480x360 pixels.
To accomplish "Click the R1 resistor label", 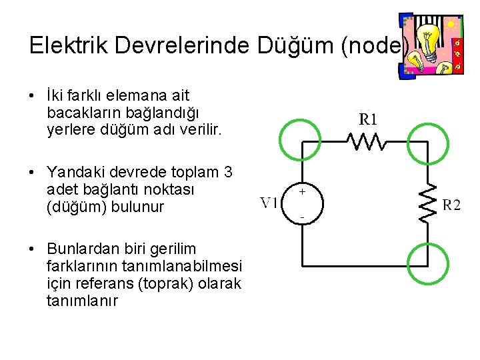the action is click(369, 120).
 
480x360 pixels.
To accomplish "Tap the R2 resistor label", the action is click(451, 205).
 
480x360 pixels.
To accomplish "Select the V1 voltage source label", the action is click(269, 202).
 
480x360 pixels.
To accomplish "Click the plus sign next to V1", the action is click(302, 191).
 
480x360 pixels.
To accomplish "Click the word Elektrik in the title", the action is click(63, 45).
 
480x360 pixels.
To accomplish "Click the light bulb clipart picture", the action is click(429, 43).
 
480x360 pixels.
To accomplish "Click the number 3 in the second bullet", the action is click(228, 173).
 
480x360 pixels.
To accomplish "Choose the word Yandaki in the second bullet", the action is click(75, 173).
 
